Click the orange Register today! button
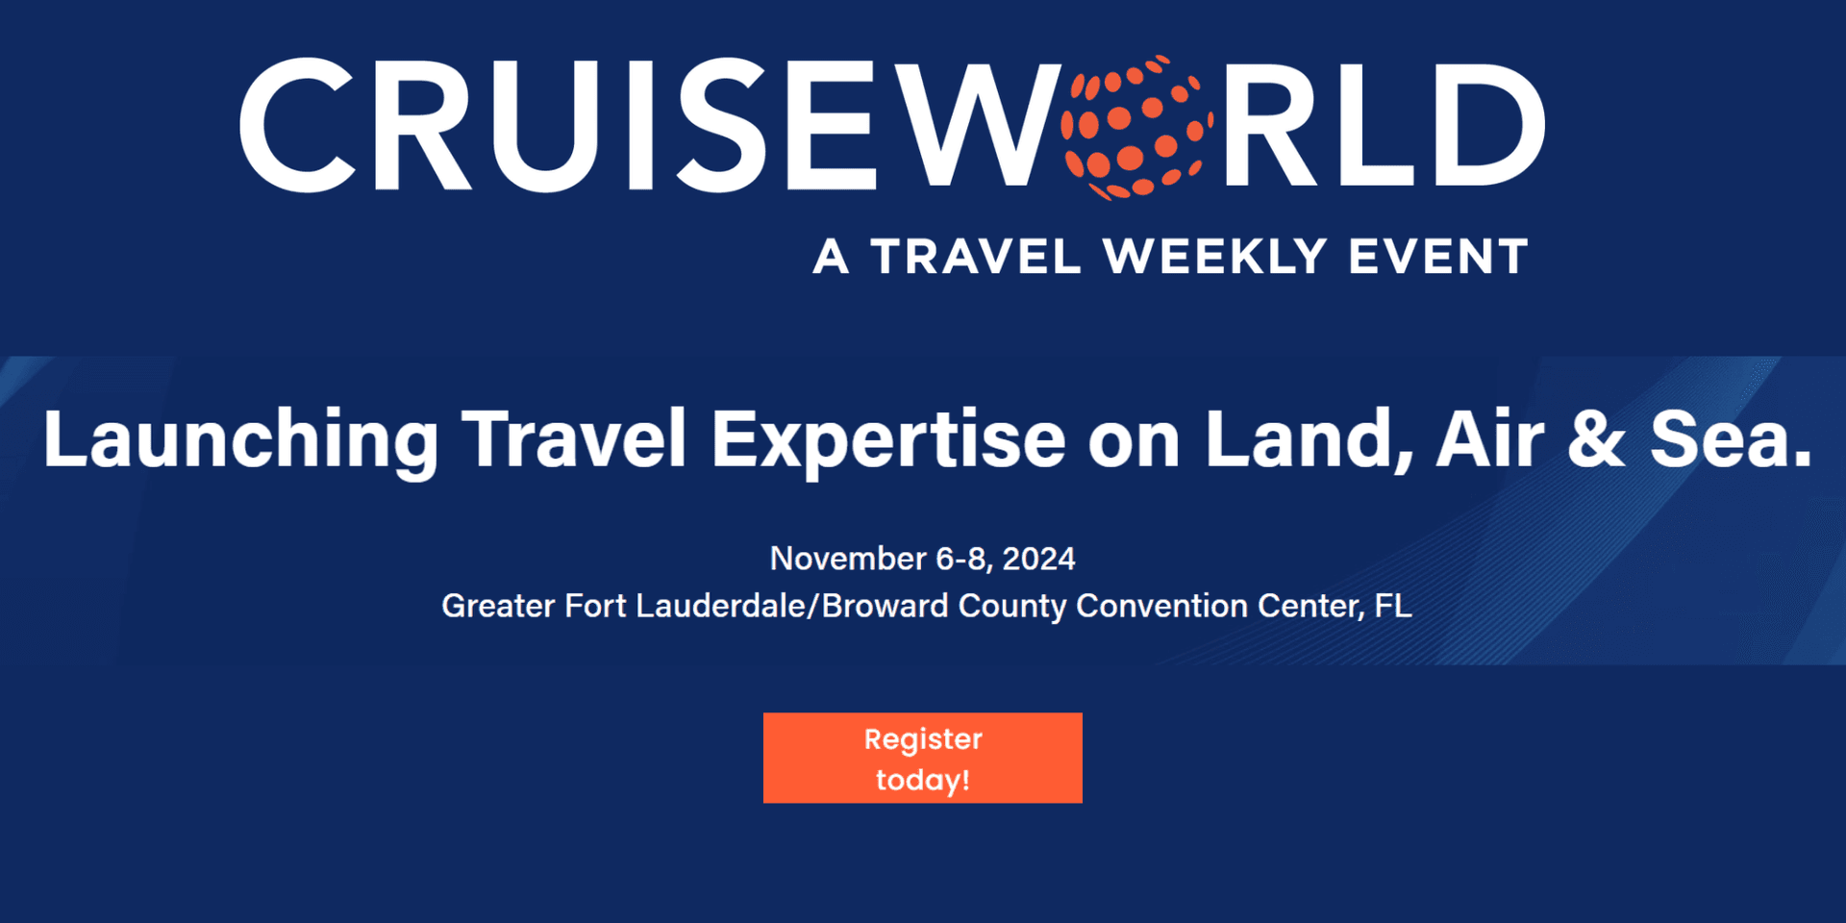click(923, 758)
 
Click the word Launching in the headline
click(241, 440)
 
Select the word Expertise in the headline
click(888, 440)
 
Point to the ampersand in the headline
click(1596, 438)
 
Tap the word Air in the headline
click(1489, 438)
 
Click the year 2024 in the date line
click(1038, 559)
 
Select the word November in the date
click(848, 559)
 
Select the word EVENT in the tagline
click(1437, 257)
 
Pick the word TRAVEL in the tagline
click(976, 257)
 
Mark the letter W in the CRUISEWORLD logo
click(972, 125)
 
